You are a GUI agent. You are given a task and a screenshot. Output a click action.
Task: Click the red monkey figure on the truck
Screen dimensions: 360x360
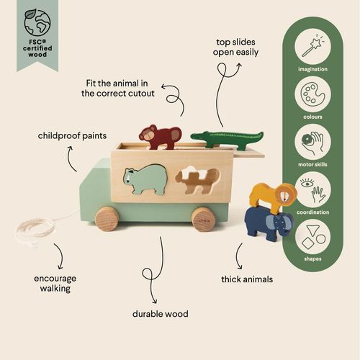(160, 137)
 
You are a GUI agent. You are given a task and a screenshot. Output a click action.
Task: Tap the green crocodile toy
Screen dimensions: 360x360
(227, 140)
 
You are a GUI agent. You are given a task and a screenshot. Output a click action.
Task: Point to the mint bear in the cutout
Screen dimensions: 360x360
(145, 179)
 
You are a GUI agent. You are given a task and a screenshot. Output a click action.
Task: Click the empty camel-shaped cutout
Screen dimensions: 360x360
(197, 180)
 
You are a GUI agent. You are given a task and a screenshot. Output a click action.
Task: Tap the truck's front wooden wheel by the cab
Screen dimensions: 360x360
(107, 218)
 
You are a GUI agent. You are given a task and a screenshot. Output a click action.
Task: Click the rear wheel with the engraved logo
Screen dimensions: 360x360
(204, 220)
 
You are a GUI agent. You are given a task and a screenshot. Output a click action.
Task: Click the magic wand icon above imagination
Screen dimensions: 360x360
(312, 47)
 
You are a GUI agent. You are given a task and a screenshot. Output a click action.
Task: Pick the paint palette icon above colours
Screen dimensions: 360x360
(312, 94)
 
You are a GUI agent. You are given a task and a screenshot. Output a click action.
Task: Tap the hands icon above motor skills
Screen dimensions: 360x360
(312, 142)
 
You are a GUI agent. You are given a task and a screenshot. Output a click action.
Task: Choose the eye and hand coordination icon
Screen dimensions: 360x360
(312, 189)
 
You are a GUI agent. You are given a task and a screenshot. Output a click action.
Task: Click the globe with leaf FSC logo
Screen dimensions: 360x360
(37, 22)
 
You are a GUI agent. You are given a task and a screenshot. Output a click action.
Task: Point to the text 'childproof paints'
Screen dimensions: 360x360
(72, 136)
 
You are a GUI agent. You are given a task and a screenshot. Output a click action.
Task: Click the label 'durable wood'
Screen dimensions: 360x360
(161, 314)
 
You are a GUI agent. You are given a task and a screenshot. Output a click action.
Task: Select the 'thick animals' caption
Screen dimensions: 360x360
(247, 279)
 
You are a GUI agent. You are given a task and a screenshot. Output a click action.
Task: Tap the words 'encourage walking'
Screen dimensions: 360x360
(55, 284)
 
